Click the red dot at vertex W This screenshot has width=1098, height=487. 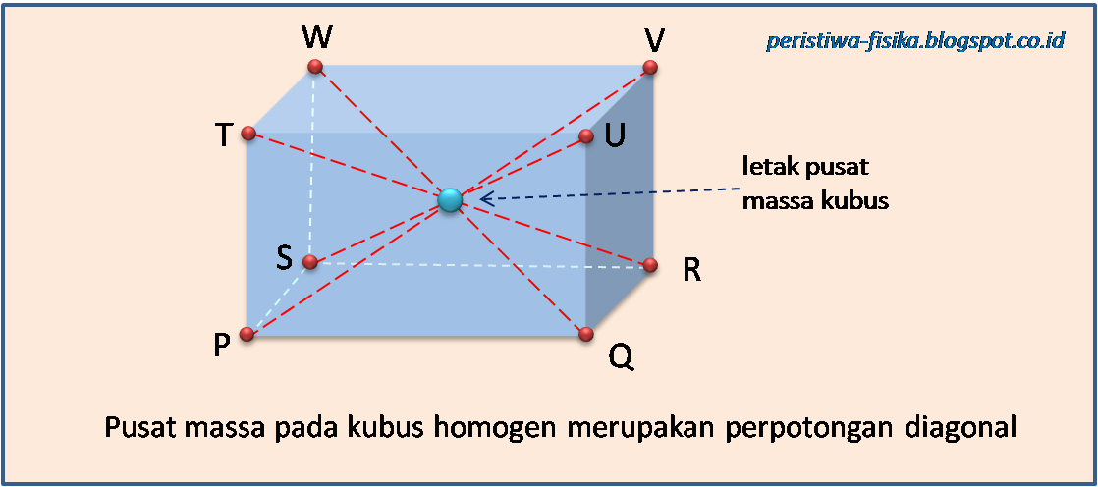[315, 67]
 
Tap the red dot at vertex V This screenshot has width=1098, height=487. [649, 67]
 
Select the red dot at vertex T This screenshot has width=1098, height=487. [248, 134]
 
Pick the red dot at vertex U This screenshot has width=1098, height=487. [586, 135]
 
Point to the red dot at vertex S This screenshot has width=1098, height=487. [309, 262]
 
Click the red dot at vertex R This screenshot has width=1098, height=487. [649, 264]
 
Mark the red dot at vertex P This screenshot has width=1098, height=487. [247, 335]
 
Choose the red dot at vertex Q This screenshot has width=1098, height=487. [586, 334]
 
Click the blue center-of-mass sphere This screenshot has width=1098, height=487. [451, 199]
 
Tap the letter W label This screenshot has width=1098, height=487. [317, 38]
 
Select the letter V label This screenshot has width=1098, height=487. [655, 40]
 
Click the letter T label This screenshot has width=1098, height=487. [225, 135]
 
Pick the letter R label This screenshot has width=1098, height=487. [691, 271]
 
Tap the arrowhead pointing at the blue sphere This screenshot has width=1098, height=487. [484, 199]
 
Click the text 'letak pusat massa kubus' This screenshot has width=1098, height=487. [814, 184]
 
